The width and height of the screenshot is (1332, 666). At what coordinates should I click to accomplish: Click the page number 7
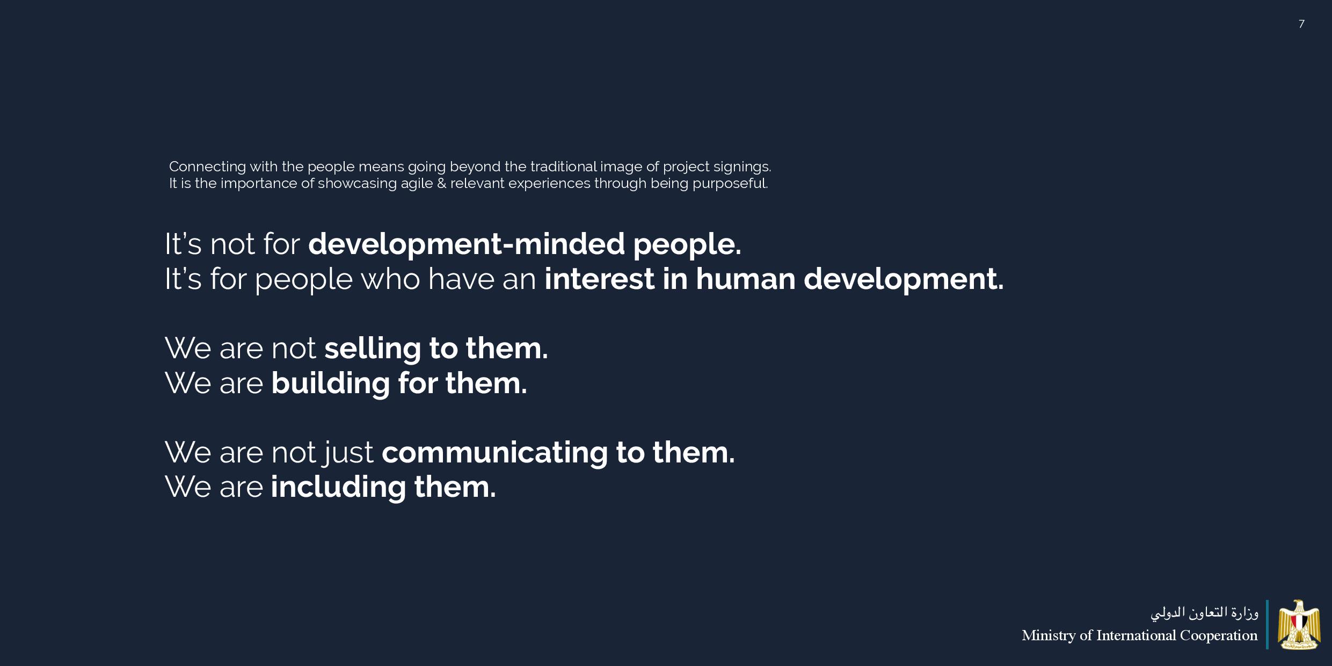[1301, 24]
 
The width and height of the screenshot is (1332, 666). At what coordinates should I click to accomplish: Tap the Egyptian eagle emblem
[1299, 625]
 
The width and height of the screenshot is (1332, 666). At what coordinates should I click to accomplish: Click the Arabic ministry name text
[1204, 612]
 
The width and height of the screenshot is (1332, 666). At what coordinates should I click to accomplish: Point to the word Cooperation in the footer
[1218, 636]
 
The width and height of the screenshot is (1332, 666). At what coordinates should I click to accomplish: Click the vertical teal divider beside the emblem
[1267, 625]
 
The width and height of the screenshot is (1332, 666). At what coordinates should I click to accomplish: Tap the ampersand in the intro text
[441, 184]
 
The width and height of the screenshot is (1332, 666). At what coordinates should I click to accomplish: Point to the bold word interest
[599, 279]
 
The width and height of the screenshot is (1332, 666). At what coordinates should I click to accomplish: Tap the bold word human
[745, 279]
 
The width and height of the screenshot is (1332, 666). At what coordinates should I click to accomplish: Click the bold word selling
[372, 349]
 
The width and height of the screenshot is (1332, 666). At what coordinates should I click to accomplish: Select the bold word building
[330, 383]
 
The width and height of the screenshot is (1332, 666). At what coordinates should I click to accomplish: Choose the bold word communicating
[494, 453]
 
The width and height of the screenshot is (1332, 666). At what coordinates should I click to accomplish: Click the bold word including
[338, 488]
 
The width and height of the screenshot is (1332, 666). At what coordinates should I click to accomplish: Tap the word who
[390, 279]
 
